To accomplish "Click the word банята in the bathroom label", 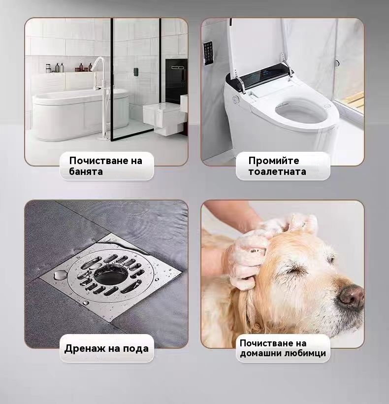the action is [86, 171].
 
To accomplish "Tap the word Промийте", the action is [274, 161].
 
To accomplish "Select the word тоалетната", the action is [277, 171].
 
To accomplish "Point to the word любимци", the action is [305, 353].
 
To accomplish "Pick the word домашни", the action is [260, 353].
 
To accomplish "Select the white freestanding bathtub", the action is [80, 114].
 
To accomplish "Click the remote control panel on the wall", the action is [208, 53].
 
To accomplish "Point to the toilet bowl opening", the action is [300, 112].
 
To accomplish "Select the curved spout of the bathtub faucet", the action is [99, 64].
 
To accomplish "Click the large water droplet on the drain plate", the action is [60, 274].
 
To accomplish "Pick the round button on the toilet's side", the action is [235, 100].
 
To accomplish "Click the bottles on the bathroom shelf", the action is [69, 68].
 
